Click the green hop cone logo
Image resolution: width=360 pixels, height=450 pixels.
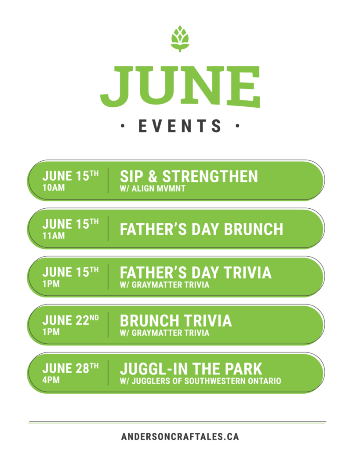(x=180, y=39)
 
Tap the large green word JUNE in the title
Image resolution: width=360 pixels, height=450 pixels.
(x=180, y=87)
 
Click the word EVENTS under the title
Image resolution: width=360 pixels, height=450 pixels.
(x=180, y=126)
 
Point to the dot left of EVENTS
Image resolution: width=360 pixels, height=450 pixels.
(x=123, y=126)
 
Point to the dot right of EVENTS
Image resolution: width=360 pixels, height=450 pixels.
(x=237, y=126)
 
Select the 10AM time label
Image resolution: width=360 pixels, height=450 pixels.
(x=54, y=188)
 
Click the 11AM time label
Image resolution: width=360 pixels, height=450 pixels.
(x=54, y=236)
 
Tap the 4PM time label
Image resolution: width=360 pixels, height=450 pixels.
(x=51, y=380)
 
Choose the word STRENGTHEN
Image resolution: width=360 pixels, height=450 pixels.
(x=210, y=176)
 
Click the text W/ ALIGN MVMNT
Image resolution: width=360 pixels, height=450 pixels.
(x=153, y=189)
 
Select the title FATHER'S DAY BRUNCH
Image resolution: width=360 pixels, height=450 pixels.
(x=201, y=229)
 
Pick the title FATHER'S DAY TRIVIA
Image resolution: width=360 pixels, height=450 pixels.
(x=196, y=272)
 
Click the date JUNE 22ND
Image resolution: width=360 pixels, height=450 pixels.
(x=71, y=320)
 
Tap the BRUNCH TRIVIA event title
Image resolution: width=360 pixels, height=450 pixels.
(x=176, y=321)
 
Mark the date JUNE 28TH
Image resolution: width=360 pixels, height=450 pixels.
(x=71, y=368)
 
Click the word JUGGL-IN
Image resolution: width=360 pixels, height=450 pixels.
(x=154, y=369)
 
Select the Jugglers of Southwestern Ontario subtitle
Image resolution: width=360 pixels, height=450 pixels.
(x=201, y=381)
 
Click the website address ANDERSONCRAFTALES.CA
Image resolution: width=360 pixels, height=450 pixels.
(x=180, y=437)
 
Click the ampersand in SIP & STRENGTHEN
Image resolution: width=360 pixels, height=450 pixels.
(x=153, y=176)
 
